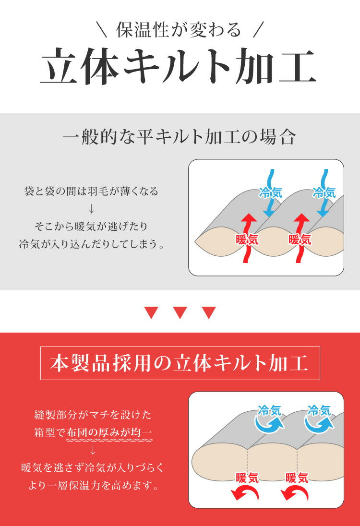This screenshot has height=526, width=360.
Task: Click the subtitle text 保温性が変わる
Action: click(x=179, y=30)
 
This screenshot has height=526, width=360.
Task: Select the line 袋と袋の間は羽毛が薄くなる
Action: click(x=91, y=191)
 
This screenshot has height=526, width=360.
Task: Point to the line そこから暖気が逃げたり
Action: click(x=91, y=226)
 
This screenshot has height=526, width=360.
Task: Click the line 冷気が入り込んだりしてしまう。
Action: click(x=91, y=243)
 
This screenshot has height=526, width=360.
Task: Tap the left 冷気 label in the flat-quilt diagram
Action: click(x=270, y=193)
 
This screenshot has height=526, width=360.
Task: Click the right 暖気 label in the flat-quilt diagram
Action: click(x=300, y=239)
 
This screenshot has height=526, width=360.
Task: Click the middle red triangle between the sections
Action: click(x=180, y=313)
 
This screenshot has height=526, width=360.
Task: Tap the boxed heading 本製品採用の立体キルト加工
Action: click(x=180, y=363)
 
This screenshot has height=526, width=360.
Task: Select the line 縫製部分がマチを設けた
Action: click(x=93, y=415)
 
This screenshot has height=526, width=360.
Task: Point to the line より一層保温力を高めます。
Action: click(x=93, y=485)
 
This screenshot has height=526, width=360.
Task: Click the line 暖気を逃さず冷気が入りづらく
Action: click(x=93, y=467)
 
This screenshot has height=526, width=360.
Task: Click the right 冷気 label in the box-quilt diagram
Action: click(x=319, y=411)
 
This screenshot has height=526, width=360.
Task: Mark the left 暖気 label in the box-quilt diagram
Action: click(x=247, y=478)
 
